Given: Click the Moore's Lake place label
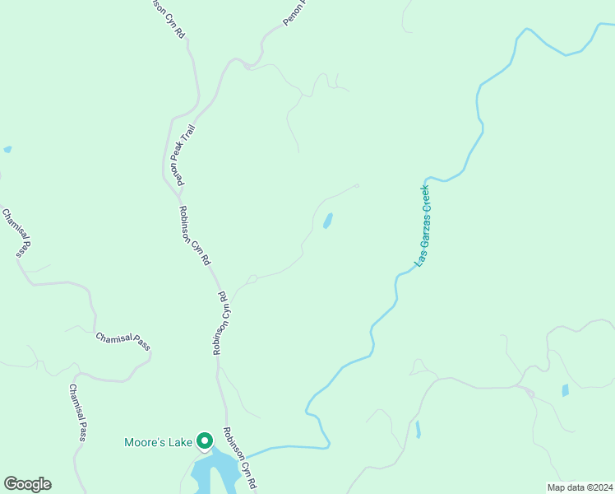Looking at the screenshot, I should tap(158, 442).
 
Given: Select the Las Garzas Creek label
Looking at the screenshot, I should tap(423, 224).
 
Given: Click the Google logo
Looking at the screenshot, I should tap(27, 484).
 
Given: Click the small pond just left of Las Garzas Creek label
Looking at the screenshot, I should tap(328, 221).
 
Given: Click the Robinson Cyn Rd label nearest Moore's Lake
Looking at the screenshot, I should tap(240, 459).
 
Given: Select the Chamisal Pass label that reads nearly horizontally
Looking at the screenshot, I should tap(123, 341).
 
